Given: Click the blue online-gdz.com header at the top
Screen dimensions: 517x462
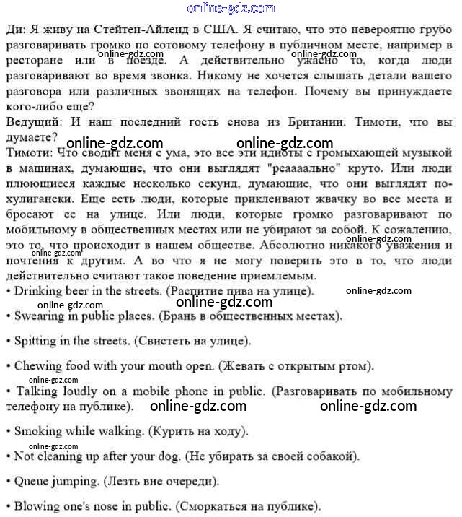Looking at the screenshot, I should point(231,8).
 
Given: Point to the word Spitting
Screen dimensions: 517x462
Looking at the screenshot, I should point(37,340).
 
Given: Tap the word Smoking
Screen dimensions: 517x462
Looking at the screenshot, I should point(39,431).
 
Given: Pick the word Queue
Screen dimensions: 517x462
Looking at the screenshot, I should point(32,480).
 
